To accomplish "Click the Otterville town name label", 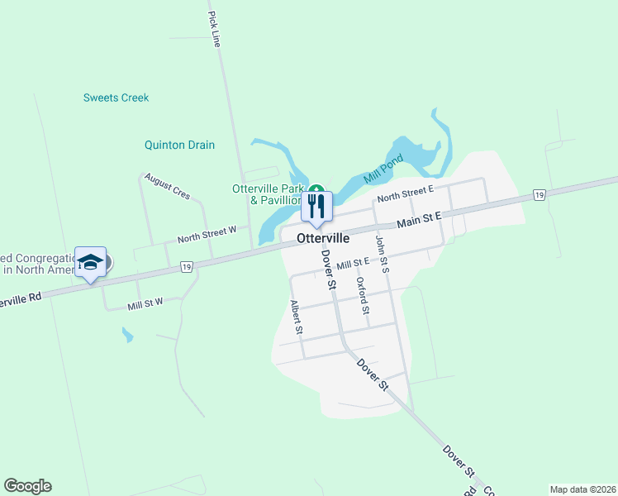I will [323, 238].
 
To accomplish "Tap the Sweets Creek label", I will [116, 98].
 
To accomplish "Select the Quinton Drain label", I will [179, 145].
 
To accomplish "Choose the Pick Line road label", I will [215, 29].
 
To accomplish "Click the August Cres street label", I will [167, 186].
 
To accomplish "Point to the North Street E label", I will [406, 194].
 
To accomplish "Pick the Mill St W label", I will [145, 304].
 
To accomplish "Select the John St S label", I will [382, 254].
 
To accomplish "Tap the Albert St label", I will [297, 317].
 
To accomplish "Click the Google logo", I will [27, 486].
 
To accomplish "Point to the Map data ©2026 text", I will [582, 489].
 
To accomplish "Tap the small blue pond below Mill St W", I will [126, 335].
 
